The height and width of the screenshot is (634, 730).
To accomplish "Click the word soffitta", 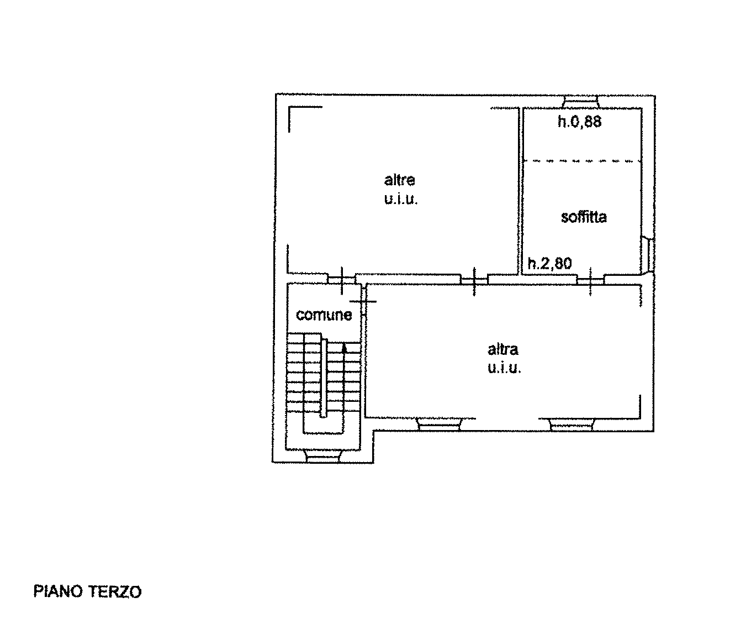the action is click(583, 217).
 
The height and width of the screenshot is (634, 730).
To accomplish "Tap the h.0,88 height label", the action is click(579, 122).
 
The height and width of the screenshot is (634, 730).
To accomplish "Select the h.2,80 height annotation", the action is click(549, 263).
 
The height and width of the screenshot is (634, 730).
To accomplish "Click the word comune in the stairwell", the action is click(324, 315).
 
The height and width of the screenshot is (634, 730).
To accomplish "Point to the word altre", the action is click(399, 180).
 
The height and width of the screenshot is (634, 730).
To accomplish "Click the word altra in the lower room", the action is click(502, 349).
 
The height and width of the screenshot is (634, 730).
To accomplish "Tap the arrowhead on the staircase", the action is click(344, 348).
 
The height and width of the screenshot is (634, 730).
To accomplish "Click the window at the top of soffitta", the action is click(580, 102).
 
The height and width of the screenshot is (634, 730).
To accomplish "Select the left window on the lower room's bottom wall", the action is click(439, 424).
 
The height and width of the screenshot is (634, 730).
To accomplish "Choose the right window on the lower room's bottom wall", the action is click(572, 424).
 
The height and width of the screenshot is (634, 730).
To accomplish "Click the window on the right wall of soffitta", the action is click(648, 255).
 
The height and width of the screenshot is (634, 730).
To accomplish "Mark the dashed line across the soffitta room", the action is click(582, 161).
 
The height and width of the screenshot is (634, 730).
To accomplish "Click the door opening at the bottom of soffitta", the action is click(590, 280).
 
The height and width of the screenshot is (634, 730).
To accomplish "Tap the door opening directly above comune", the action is click(342, 280).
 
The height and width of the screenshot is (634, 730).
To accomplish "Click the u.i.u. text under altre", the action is click(401, 199).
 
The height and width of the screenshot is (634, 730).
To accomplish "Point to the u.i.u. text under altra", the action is click(504, 368).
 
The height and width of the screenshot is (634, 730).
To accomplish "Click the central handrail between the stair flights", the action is click(323, 378).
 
